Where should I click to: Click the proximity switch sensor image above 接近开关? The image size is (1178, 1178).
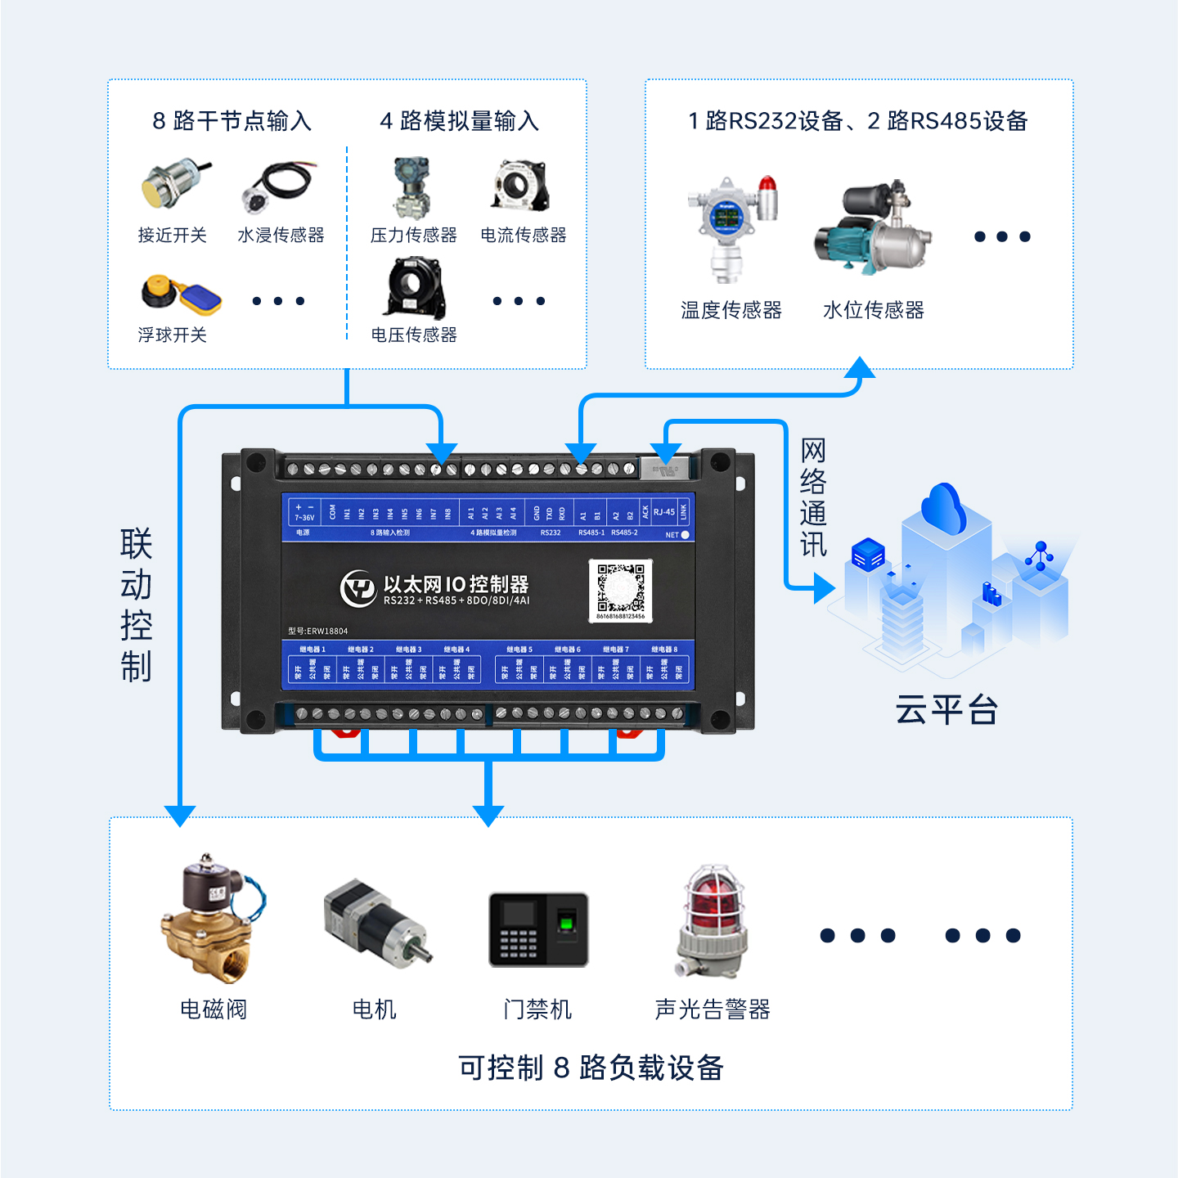pyautogui.click(x=173, y=185)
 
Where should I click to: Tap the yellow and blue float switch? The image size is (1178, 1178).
pyautogui.click(x=182, y=294)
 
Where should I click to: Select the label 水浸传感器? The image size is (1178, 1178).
pyautogui.click(x=281, y=236)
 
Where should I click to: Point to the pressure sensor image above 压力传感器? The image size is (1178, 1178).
pyautogui.click(x=411, y=188)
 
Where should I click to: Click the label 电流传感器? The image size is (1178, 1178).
pyautogui.click(x=524, y=236)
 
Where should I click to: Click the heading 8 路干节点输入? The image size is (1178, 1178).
pyautogui.click(x=232, y=121)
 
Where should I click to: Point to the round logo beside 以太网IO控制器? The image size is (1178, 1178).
pyautogui.click(x=357, y=588)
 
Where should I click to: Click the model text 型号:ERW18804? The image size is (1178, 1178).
pyautogui.click(x=318, y=631)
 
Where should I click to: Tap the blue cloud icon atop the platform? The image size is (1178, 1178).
pyautogui.click(x=945, y=506)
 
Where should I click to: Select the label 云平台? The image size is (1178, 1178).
pyautogui.click(x=946, y=709)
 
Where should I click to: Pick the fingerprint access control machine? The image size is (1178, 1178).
pyautogui.click(x=538, y=929)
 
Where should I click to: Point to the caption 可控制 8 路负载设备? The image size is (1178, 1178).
pyautogui.click(x=591, y=1068)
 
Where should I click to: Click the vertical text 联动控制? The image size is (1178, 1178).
pyautogui.click(x=136, y=605)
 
